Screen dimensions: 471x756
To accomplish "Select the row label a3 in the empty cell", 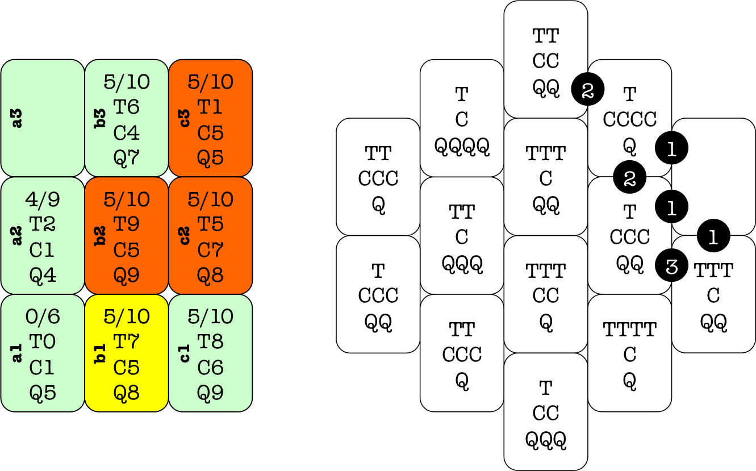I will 18,118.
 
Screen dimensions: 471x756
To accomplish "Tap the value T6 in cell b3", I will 126,107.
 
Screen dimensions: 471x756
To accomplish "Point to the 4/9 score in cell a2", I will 43,199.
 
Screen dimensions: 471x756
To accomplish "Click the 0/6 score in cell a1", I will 43,316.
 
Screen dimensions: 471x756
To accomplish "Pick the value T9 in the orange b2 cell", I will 126,224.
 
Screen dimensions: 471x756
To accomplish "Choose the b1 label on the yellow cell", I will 101,353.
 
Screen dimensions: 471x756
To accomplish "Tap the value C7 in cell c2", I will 210,250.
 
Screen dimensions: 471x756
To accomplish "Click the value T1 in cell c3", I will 210,107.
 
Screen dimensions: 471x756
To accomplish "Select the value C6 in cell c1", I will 210,368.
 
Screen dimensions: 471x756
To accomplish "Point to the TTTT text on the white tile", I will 629,329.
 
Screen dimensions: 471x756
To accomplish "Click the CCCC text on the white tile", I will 629,120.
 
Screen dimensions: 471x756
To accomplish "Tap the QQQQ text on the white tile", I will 462,146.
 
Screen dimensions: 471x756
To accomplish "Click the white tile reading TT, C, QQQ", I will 462,236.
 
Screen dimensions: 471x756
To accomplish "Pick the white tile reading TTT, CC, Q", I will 545,295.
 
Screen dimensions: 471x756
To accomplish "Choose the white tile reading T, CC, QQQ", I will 545,412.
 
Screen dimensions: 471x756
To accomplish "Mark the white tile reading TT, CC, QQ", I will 545,60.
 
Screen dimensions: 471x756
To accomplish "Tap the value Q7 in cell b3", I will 126,157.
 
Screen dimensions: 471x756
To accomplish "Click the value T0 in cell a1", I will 43,342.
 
